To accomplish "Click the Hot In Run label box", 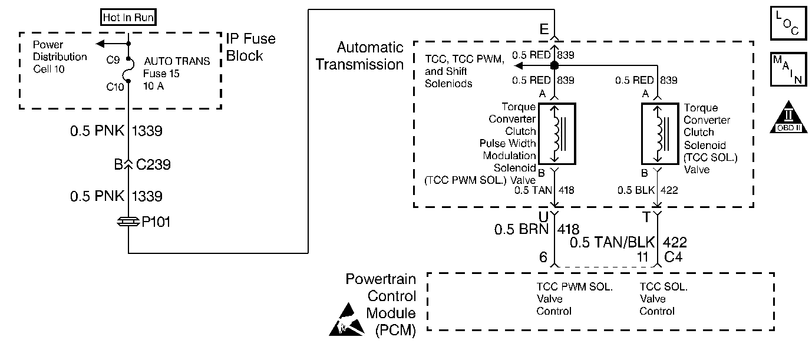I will click(x=128, y=17).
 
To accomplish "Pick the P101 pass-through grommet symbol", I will click(x=128, y=223).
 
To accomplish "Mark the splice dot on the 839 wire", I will click(x=554, y=65).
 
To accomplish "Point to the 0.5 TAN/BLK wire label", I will click(x=613, y=243).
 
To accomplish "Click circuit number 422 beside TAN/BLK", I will click(x=675, y=243).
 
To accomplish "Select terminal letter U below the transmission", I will click(x=544, y=217).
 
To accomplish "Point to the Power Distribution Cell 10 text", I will click(x=60, y=57).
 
